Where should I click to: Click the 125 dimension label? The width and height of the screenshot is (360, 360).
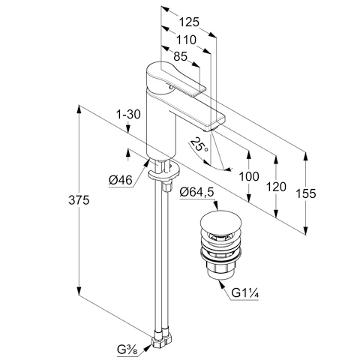point(189,22)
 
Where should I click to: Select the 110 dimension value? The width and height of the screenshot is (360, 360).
point(186,40)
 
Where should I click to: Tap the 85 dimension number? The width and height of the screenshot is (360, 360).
point(180,56)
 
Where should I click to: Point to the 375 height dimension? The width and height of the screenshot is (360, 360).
point(79,200)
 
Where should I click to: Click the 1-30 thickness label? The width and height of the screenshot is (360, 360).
point(128,115)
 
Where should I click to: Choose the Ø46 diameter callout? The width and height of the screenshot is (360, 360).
point(121,180)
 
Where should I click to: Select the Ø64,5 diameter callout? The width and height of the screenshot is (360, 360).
point(196,193)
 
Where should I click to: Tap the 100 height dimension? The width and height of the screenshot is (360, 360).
point(249,176)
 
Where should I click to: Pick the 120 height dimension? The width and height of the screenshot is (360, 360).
point(276,187)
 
